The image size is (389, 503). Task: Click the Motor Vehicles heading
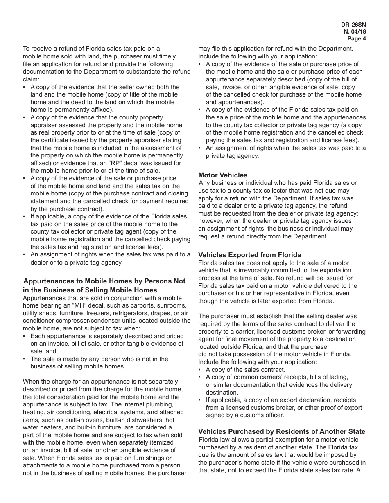click(x=223, y=175)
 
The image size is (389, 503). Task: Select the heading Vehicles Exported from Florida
click(x=249, y=255)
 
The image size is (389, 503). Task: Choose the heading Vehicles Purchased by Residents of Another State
click(x=282, y=431)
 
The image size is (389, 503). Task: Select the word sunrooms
click(x=170, y=305)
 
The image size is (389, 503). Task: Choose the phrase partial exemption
click(x=271, y=439)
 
